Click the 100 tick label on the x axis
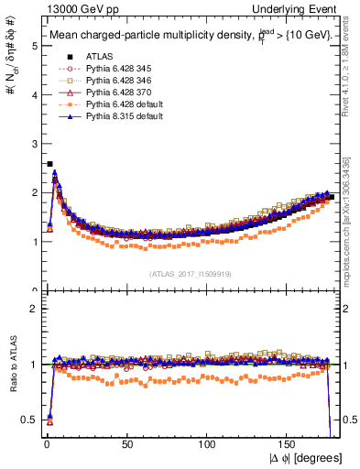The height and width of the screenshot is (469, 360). click(x=208, y=446)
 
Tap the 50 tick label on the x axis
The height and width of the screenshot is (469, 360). click(x=126, y=446)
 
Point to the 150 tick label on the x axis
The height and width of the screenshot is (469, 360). click(x=289, y=446)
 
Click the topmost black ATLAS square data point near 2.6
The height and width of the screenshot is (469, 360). click(x=49, y=164)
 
